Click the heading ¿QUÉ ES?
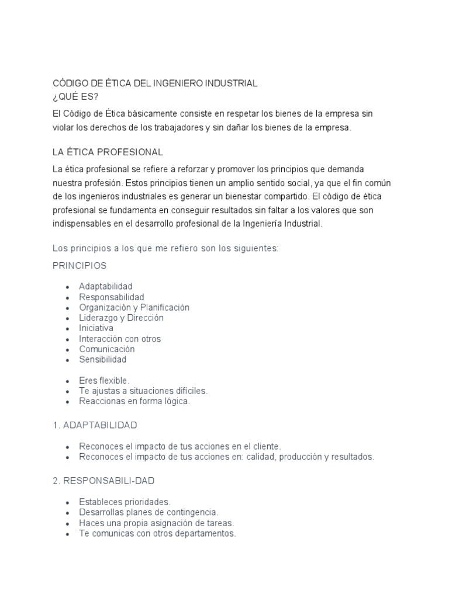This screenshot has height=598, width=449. click(x=75, y=96)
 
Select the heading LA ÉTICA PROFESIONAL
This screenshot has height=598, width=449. click(x=108, y=152)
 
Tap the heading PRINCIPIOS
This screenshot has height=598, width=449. click(x=80, y=266)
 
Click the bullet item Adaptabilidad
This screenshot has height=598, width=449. click(x=106, y=286)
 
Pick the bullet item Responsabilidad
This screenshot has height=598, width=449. click(x=112, y=297)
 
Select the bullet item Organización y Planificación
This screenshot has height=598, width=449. click(x=134, y=307)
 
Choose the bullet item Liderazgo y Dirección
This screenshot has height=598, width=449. click(x=122, y=318)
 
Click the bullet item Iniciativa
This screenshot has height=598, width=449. click(x=96, y=328)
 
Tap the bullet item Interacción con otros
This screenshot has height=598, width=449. click(x=120, y=339)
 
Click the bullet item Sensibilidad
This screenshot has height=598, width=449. click(x=103, y=360)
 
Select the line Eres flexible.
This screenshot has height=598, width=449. click(x=104, y=381)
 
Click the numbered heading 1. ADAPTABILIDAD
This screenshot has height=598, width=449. click(x=95, y=425)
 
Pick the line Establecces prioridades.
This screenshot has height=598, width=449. click(x=125, y=502)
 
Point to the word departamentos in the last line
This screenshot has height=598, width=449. click(x=205, y=534)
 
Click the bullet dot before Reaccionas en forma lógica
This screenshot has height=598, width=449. click(x=68, y=402)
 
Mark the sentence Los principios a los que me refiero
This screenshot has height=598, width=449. click(x=166, y=248)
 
